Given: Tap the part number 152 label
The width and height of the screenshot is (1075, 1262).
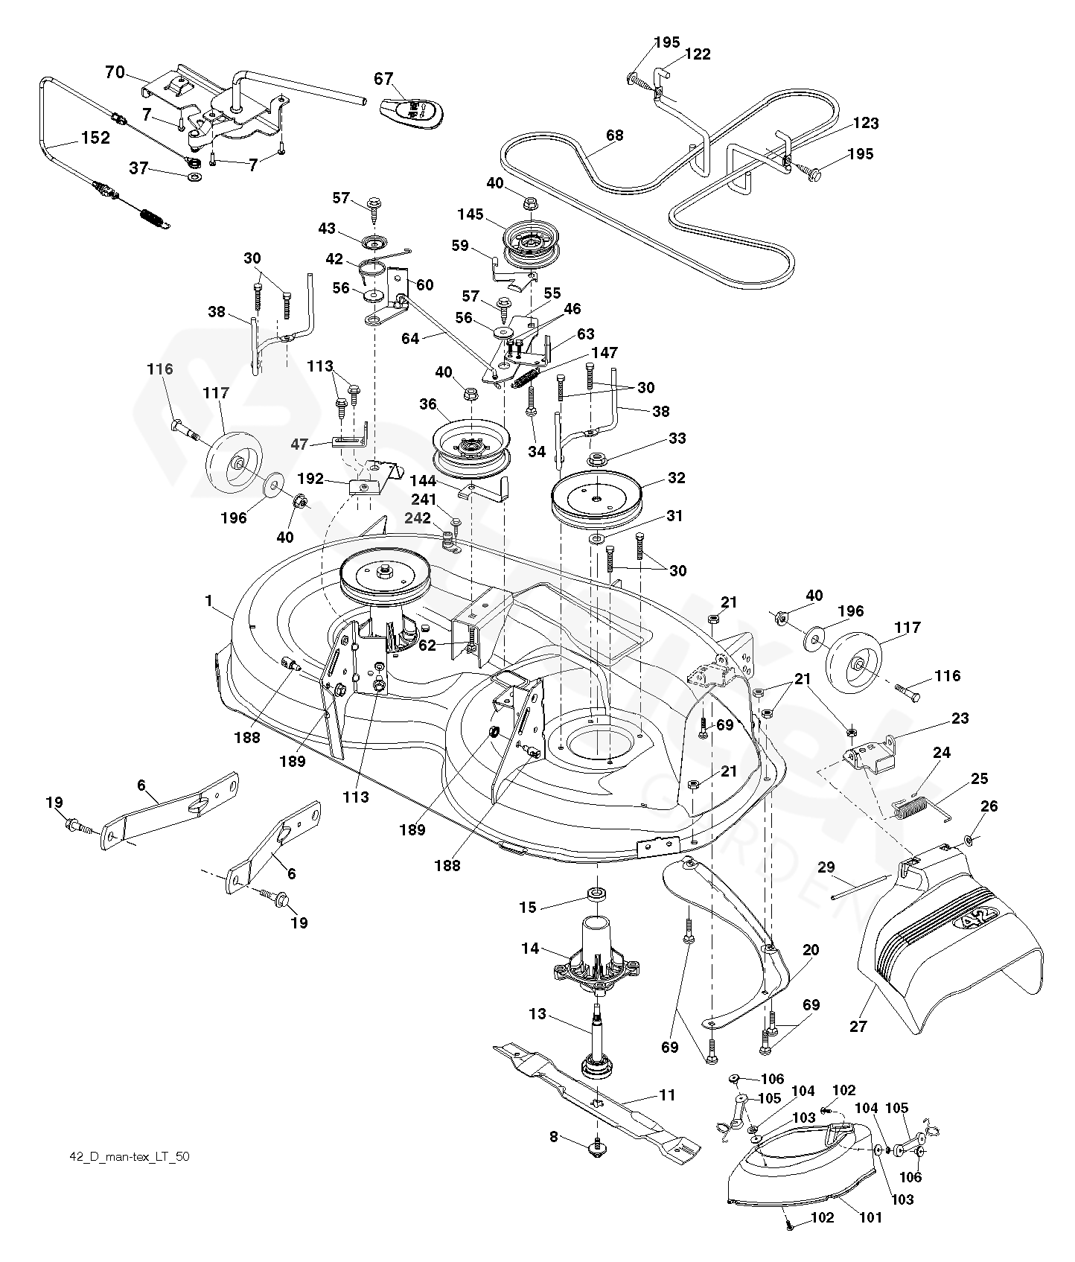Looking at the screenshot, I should tap(95, 138).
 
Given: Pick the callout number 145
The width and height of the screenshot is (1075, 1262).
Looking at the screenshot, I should tap(471, 214).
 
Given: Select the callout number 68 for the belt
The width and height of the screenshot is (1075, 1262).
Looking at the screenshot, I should tap(615, 136).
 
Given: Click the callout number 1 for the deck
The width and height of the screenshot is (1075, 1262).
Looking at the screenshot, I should tap(209, 599).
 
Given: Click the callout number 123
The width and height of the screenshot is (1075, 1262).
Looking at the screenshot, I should tap(867, 123).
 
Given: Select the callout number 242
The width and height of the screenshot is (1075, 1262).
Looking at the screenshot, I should tap(418, 518).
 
